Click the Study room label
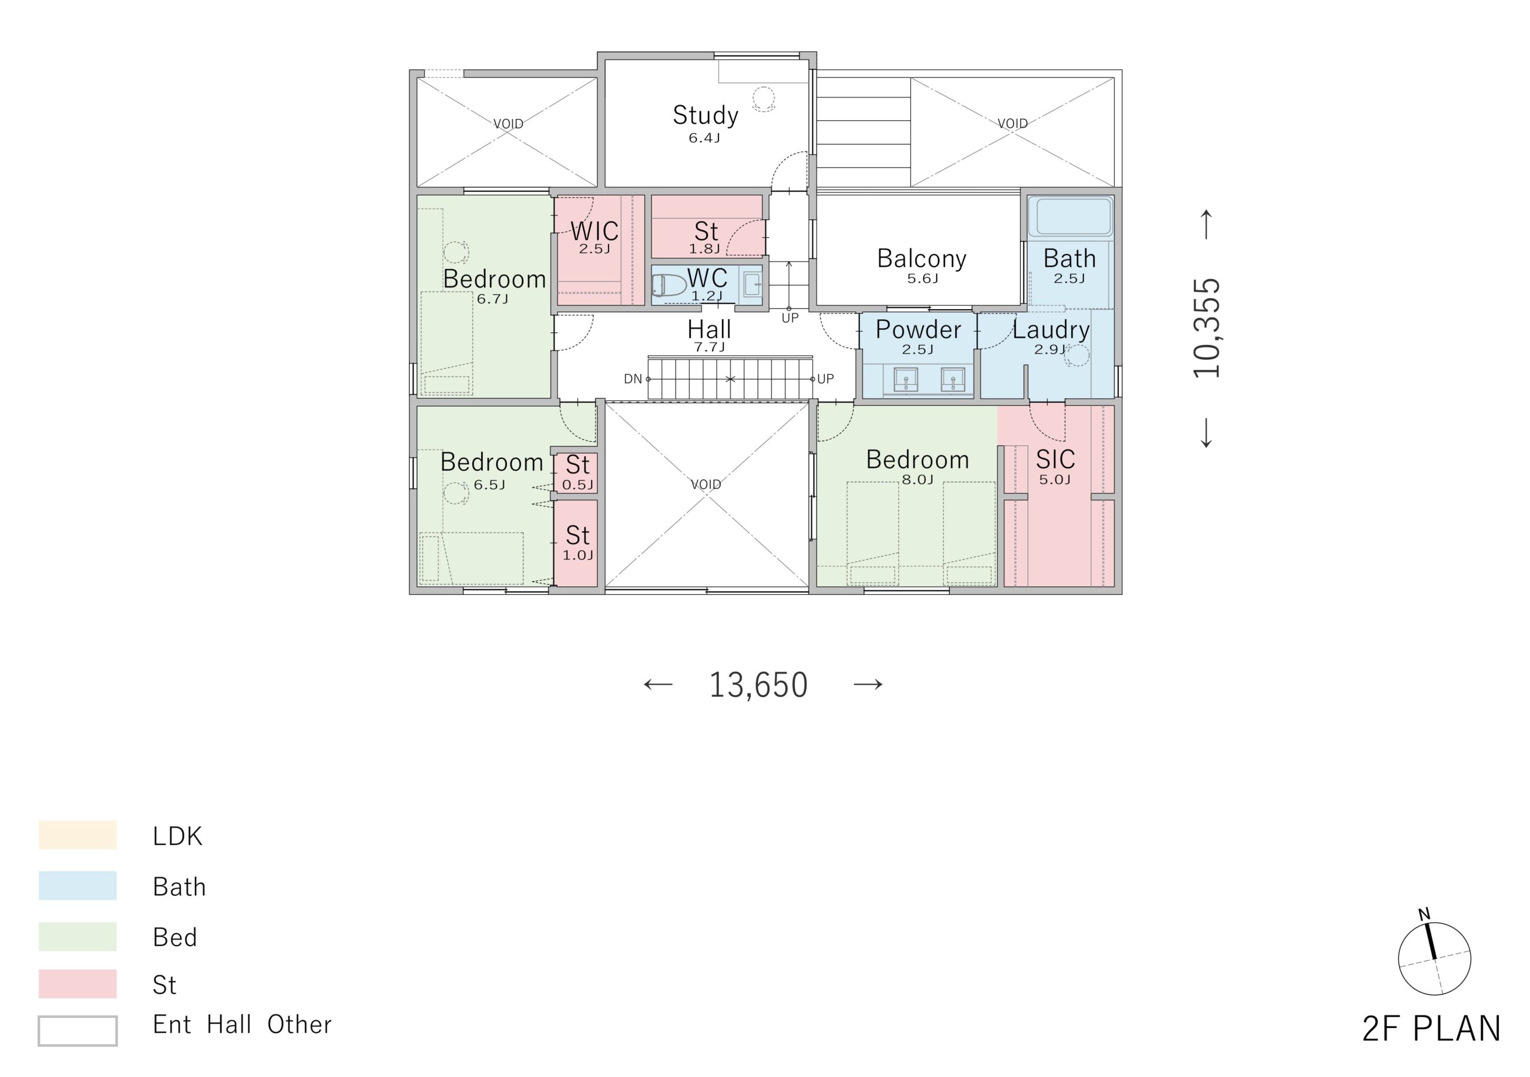tap(705, 115)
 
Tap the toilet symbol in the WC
tap(668, 286)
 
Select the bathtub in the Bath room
tap(1070, 216)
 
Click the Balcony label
tap(921, 259)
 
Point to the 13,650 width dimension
tap(758, 685)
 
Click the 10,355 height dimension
tap(1207, 328)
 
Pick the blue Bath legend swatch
tap(77, 886)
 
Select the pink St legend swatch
tap(77, 984)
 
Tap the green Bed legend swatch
tap(77, 937)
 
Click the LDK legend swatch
tap(77, 835)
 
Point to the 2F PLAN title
tap(1431, 1029)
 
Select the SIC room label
tap(1055, 459)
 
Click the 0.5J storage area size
tap(577, 485)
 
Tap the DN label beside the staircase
tap(632, 379)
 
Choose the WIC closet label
tap(595, 231)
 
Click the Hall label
tap(709, 329)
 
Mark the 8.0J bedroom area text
tap(917, 480)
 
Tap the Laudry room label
tap(1051, 330)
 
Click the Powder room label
tap(917, 329)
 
